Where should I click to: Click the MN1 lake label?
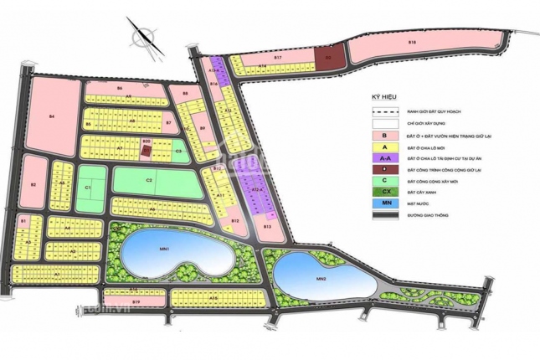(165, 249)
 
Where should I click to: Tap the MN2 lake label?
(320, 279)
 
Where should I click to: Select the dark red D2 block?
(329, 59)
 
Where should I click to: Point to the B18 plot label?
(412, 41)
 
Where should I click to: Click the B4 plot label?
(52, 116)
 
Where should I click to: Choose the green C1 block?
(88, 188)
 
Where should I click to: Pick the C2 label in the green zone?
(148, 180)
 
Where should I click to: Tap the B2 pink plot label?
(33, 185)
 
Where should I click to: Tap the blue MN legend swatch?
(386, 203)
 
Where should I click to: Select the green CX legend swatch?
(386, 192)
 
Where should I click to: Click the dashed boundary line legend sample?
(386, 111)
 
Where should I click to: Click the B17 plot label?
(279, 58)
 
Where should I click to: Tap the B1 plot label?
(23, 221)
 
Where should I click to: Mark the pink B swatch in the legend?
(386, 135)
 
